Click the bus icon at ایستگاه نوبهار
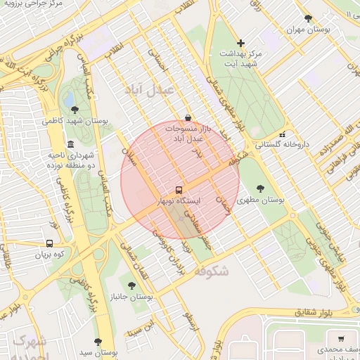[x=179, y=190]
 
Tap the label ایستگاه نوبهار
[x=200, y=201]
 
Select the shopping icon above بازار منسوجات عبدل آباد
[x=187, y=117]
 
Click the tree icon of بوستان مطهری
[x=261, y=188]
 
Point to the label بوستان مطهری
[x=261, y=200]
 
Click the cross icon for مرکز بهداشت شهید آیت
[x=241, y=43]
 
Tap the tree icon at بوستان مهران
[x=307, y=19]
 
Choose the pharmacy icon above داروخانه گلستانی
[x=282, y=134]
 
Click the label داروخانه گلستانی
[x=282, y=144]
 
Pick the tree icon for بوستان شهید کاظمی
[x=75, y=110]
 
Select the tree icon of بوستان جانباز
[x=131, y=285]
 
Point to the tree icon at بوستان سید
[x=98, y=342]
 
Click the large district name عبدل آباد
[x=143, y=89]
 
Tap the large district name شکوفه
[x=210, y=271]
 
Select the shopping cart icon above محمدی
[x=342, y=338]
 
